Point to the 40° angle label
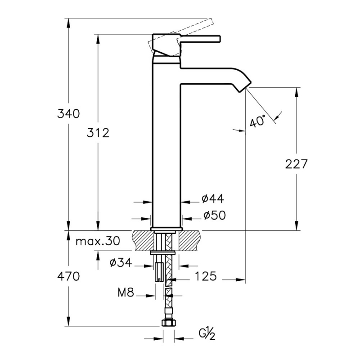click(258, 121)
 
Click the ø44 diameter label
click(212, 198)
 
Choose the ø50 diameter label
click(212, 216)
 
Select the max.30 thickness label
click(98, 241)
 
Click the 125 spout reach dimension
click(206, 276)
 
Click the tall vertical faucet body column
click(166, 144)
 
